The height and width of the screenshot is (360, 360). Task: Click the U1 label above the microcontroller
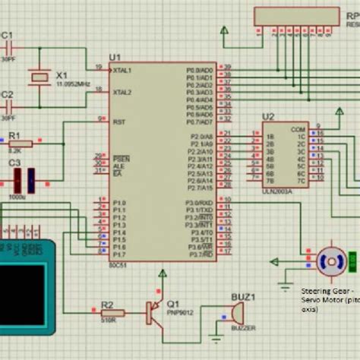coord(115,58)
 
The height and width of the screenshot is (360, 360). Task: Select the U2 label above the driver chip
coord(267,116)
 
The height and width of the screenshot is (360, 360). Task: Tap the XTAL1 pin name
coord(122,70)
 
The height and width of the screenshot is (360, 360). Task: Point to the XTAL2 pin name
coord(122,92)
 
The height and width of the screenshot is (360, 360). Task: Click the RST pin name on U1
coord(118,121)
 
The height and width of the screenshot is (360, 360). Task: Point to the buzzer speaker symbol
coord(235,311)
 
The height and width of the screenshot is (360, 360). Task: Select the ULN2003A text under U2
coord(275,191)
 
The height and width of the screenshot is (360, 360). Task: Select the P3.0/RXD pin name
coord(200,203)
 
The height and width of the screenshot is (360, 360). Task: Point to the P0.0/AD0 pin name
coord(201,70)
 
